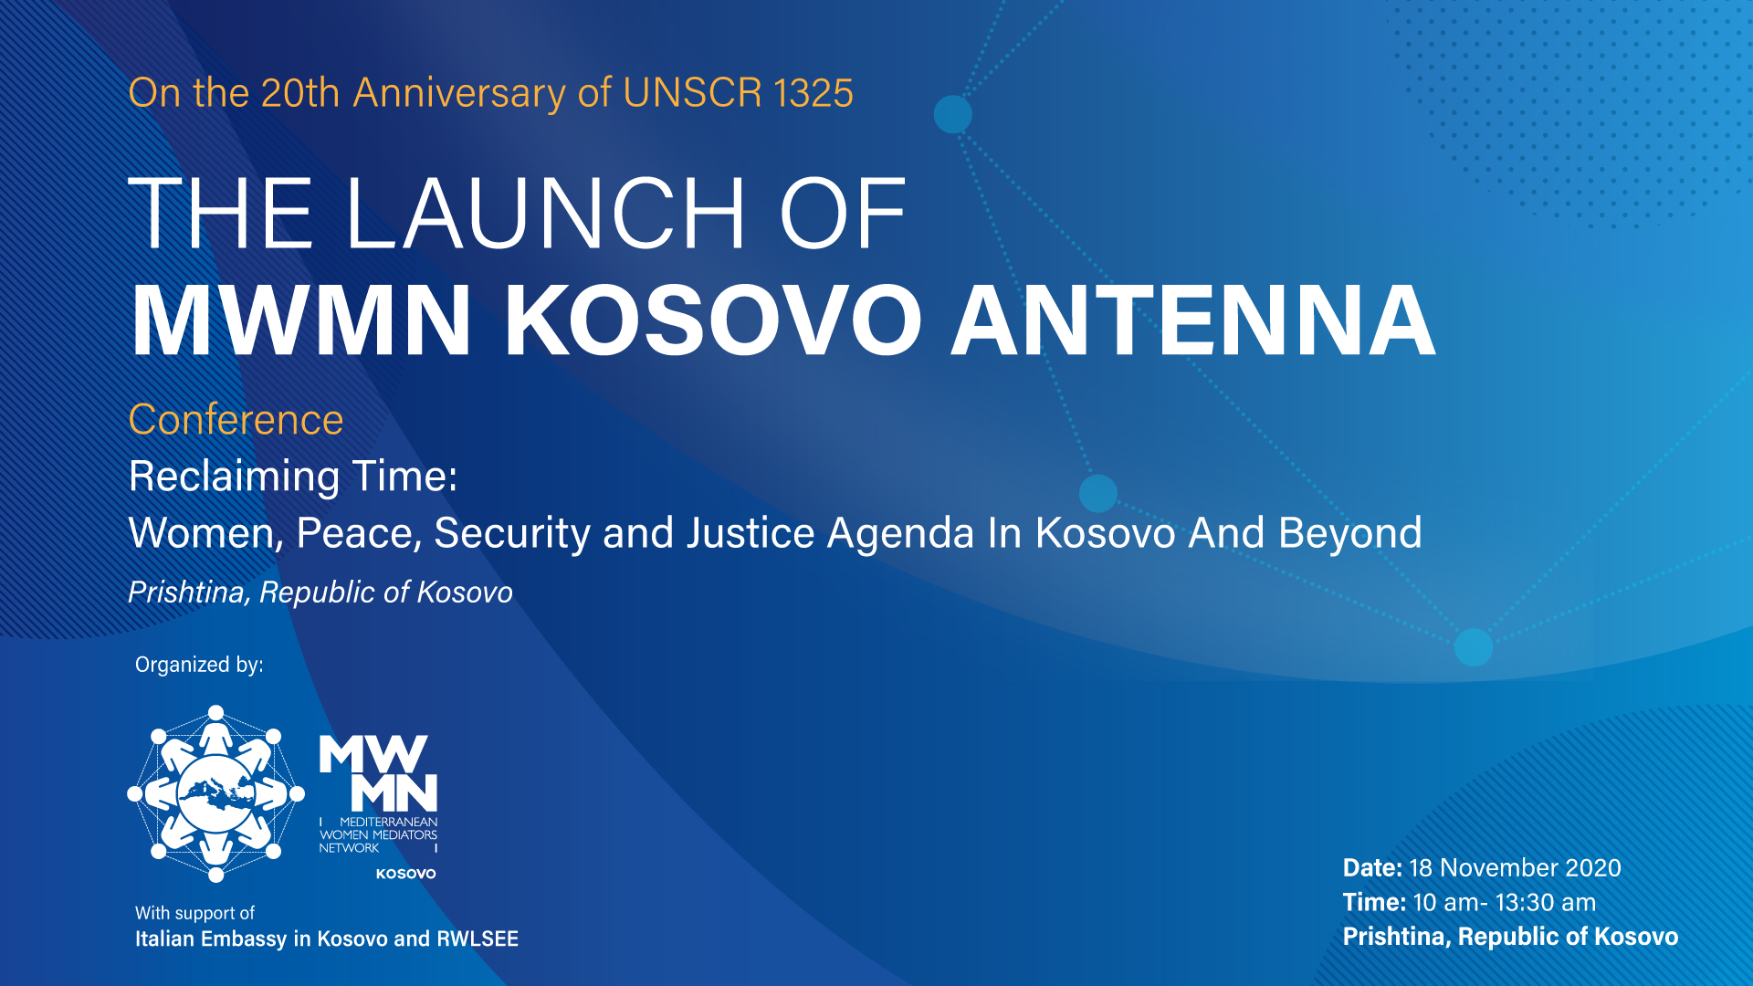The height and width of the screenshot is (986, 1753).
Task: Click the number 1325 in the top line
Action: [813, 93]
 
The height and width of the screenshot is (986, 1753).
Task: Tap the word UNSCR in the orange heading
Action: [692, 93]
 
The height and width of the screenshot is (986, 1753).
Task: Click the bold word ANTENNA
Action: [1193, 320]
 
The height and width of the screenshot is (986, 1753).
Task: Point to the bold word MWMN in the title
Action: [301, 320]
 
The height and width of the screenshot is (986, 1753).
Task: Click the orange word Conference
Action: [236, 420]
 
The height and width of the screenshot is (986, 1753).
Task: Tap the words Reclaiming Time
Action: [292, 477]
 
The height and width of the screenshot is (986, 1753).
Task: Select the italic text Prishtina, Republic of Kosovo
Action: [320, 593]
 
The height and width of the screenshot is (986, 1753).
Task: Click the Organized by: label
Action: [199, 665]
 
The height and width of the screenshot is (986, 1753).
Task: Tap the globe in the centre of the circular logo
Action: [216, 793]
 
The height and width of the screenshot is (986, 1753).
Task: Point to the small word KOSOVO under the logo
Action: [406, 874]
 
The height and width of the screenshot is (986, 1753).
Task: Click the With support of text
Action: [194, 913]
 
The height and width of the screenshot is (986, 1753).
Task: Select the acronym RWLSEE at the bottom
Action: [478, 939]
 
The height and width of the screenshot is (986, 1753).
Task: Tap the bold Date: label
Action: [1372, 868]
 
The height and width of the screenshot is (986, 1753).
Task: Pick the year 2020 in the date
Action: [1593, 868]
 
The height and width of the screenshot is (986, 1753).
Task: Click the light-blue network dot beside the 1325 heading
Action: [953, 115]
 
